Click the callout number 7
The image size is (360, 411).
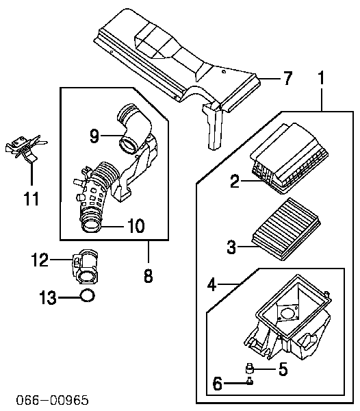click(x=287, y=78)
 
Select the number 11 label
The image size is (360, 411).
click(x=31, y=199)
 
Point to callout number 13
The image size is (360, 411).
click(x=48, y=297)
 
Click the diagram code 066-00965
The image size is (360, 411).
click(x=53, y=400)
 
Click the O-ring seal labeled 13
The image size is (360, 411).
click(x=87, y=295)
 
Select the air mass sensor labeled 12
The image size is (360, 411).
click(x=85, y=267)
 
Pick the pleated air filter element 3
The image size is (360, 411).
click(x=286, y=229)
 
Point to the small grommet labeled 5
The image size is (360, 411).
click(x=250, y=369)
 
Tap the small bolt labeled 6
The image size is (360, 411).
click(x=250, y=381)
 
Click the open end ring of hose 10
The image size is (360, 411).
click(x=91, y=225)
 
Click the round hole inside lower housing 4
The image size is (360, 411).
click(x=287, y=314)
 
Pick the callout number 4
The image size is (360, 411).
click(x=211, y=284)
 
